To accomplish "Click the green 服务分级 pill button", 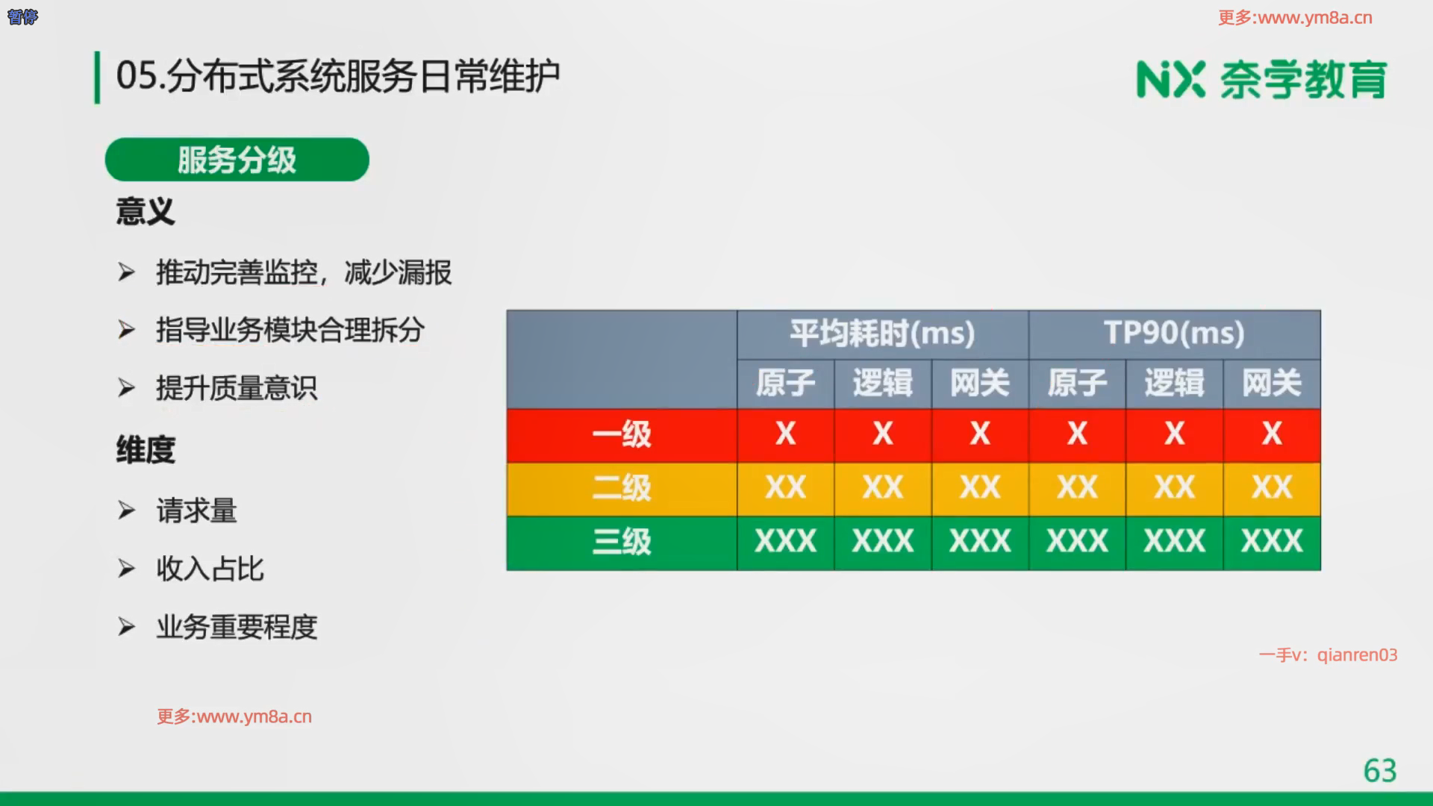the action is (x=237, y=159).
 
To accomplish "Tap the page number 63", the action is (x=1379, y=770).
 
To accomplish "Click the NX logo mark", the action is (x=1170, y=80).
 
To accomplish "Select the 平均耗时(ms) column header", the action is (x=882, y=333).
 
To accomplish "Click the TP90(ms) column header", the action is (x=1174, y=333).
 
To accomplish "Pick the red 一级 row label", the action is (x=622, y=434).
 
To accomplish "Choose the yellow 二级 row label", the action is (x=622, y=488).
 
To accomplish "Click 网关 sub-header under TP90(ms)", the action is (x=1272, y=384).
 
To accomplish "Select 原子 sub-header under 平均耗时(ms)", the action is (x=785, y=384).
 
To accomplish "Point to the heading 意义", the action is (x=146, y=211).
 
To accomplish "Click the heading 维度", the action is (x=146, y=450).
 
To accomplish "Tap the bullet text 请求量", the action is (x=196, y=511).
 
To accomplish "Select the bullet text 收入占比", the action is (x=210, y=569).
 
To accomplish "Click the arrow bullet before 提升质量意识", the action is (x=126, y=388).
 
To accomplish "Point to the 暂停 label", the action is (x=22, y=16).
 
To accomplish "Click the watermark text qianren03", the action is (x=1357, y=655).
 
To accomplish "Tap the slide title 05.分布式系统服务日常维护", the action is (x=338, y=76).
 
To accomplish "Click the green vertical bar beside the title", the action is (x=97, y=78).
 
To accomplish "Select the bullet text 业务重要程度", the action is (x=237, y=627).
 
